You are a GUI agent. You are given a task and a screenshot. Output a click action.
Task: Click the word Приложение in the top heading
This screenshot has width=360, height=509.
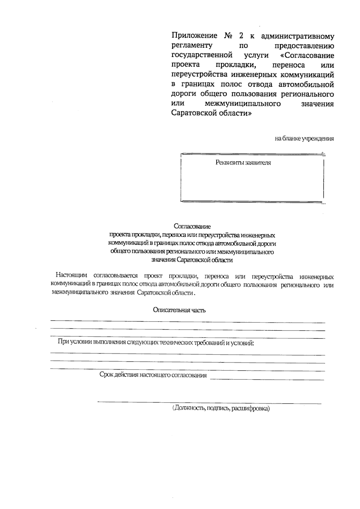194,36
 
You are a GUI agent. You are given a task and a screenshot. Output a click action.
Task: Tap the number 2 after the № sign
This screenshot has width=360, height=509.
241,36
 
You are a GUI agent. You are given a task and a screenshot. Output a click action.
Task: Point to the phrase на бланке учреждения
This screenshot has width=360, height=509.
304,139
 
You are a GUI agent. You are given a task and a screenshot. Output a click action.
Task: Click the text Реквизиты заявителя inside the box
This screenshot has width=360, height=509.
243,163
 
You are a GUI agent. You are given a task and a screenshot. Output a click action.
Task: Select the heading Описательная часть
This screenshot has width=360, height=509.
179,310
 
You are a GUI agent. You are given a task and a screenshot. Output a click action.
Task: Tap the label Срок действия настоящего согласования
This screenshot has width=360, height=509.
153,375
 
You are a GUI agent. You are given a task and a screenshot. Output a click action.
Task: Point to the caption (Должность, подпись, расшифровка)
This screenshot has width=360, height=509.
221,408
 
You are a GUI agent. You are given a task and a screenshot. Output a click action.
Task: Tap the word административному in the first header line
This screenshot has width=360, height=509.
298,36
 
